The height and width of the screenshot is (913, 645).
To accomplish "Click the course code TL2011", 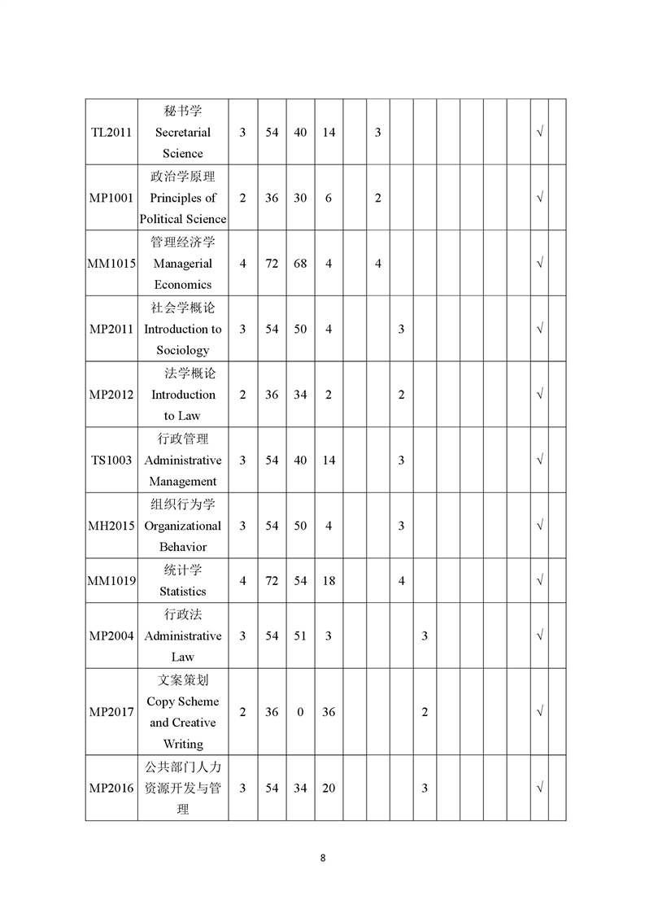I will click(x=111, y=132).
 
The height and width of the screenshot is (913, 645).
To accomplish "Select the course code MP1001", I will click(x=111, y=198).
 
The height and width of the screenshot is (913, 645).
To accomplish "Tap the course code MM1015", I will click(x=111, y=264).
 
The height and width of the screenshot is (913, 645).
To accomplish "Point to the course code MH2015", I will click(x=111, y=526).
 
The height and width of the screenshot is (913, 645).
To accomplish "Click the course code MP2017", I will click(x=111, y=712).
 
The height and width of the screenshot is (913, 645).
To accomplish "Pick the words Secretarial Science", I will click(x=183, y=142).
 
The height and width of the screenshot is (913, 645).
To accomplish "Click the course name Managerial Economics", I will click(x=183, y=274).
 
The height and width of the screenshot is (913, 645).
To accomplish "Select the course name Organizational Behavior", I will click(x=183, y=536).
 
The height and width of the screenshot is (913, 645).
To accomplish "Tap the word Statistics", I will click(x=183, y=592).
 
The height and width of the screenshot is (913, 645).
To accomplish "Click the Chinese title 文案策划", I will click(x=183, y=679).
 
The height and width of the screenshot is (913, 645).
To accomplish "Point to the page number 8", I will click(x=323, y=858).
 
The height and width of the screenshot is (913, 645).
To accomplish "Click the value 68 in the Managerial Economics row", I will click(x=300, y=264).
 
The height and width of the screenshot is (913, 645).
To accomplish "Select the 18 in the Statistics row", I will click(x=329, y=581).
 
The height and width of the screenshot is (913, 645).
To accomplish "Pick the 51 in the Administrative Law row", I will click(x=300, y=636).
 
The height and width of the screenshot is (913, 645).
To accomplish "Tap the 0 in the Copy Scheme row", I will click(x=300, y=712).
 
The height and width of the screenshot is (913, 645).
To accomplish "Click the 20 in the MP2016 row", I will click(x=329, y=788).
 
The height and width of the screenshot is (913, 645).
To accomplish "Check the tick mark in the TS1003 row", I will click(x=539, y=461).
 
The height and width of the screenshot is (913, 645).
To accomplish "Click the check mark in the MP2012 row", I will click(x=539, y=395).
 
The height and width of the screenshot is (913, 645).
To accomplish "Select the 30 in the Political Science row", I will click(x=300, y=198).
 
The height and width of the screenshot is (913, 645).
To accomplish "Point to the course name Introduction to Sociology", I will click(x=183, y=339).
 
